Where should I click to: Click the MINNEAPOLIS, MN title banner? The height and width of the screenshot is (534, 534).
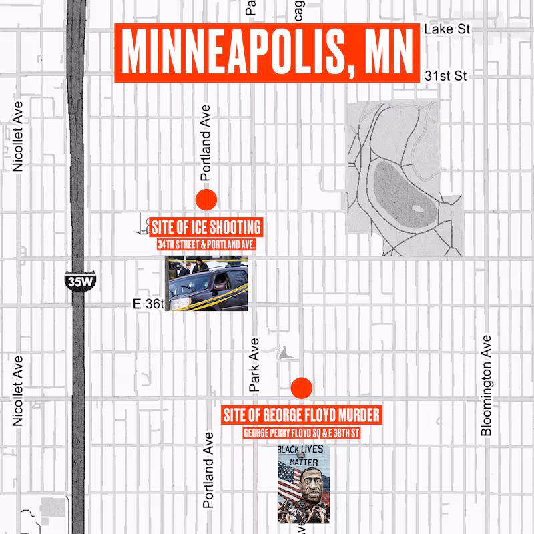(x=267, y=53)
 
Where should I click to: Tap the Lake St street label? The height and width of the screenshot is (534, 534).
(x=447, y=29)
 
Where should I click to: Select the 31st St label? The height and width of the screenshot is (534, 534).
(x=445, y=75)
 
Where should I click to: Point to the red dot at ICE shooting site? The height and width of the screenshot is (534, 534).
(x=206, y=199)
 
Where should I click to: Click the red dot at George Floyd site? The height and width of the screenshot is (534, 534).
(x=302, y=388)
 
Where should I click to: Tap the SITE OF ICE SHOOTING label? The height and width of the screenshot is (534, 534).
(x=206, y=226)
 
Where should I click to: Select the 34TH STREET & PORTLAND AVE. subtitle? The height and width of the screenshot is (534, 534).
(x=206, y=246)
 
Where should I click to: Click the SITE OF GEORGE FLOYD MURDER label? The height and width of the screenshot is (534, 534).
(x=301, y=415)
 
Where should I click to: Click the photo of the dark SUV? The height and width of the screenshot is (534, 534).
(x=207, y=284)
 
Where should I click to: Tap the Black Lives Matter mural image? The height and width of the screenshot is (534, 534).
(x=303, y=483)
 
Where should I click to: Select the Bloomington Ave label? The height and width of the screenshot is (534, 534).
(x=487, y=385)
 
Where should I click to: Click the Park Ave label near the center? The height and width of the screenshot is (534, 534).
(x=254, y=364)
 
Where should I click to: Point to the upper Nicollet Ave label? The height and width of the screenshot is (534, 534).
(x=19, y=136)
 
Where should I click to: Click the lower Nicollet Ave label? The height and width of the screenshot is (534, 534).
(x=19, y=390)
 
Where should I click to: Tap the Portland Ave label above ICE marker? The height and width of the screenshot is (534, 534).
(x=206, y=143)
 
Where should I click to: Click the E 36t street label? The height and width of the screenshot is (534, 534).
(x=148, y=304)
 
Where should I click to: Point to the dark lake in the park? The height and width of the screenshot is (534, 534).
(x=400, y=194)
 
